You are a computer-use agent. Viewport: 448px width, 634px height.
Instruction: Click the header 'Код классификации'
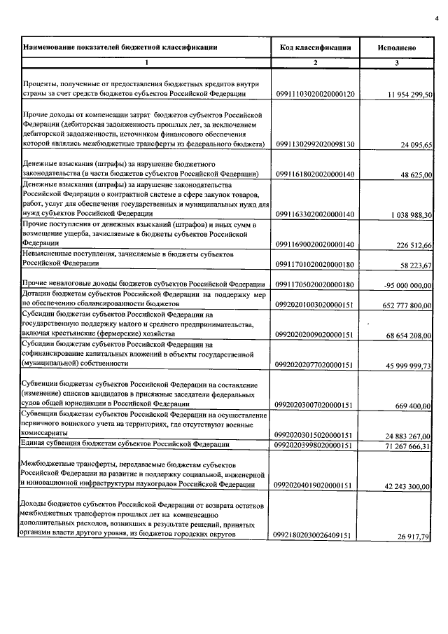tap(314, 48)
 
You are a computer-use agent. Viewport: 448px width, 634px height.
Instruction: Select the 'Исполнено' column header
tap(397, 48)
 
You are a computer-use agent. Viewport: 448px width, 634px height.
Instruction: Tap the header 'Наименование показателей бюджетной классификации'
tap(120, 48)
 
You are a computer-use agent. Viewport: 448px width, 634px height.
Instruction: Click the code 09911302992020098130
tap(315, 144)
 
